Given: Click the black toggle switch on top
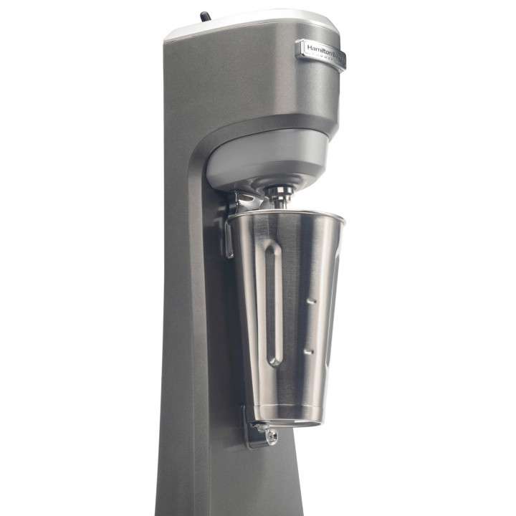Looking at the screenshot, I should [x=205, y=16].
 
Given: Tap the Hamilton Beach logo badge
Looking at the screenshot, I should [x=320, y=52].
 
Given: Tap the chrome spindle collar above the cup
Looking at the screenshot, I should [x=280, y=193].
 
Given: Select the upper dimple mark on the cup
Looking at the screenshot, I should [x=310, y=302].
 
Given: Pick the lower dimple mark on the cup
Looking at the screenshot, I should [x=308, y=351].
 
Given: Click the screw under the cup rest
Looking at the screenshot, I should [x=272, y=436].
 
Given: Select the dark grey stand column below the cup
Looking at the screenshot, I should [x=215, y=480].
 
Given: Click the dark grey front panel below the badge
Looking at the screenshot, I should [x=251, y=86].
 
